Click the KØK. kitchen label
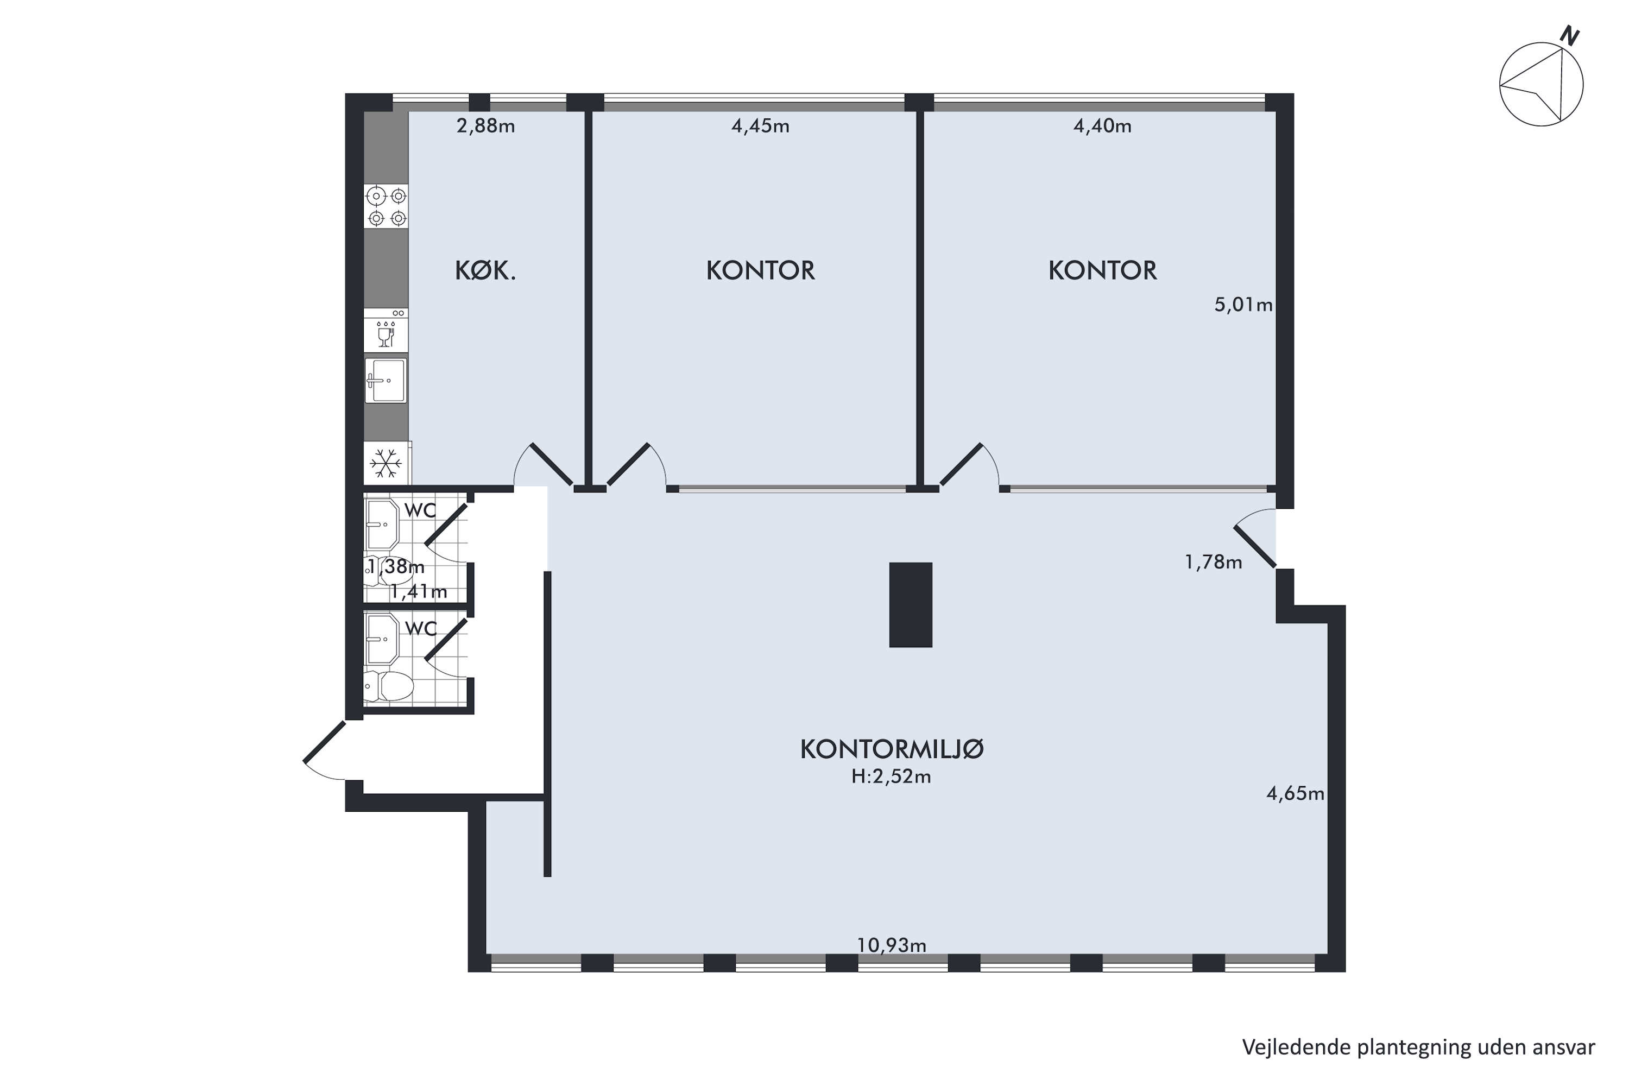[x=485, y=271]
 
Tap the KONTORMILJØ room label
[x=892, y=749]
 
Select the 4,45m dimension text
[x=761, y=126]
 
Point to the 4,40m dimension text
[x=1103, y=126]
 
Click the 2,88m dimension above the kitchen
[x=485, y=126]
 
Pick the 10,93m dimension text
[x=892, y=945]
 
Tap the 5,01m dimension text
[x=1244, y=305]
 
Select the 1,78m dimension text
[x=1214, y=561]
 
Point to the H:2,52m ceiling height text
[x=892, y=777]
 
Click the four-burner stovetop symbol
[x=387, y=206]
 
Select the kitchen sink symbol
[x=386, y=380]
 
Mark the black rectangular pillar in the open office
[x=911, y=605]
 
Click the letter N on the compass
[x=1569, y=36]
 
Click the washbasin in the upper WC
[x=382, y=525]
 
